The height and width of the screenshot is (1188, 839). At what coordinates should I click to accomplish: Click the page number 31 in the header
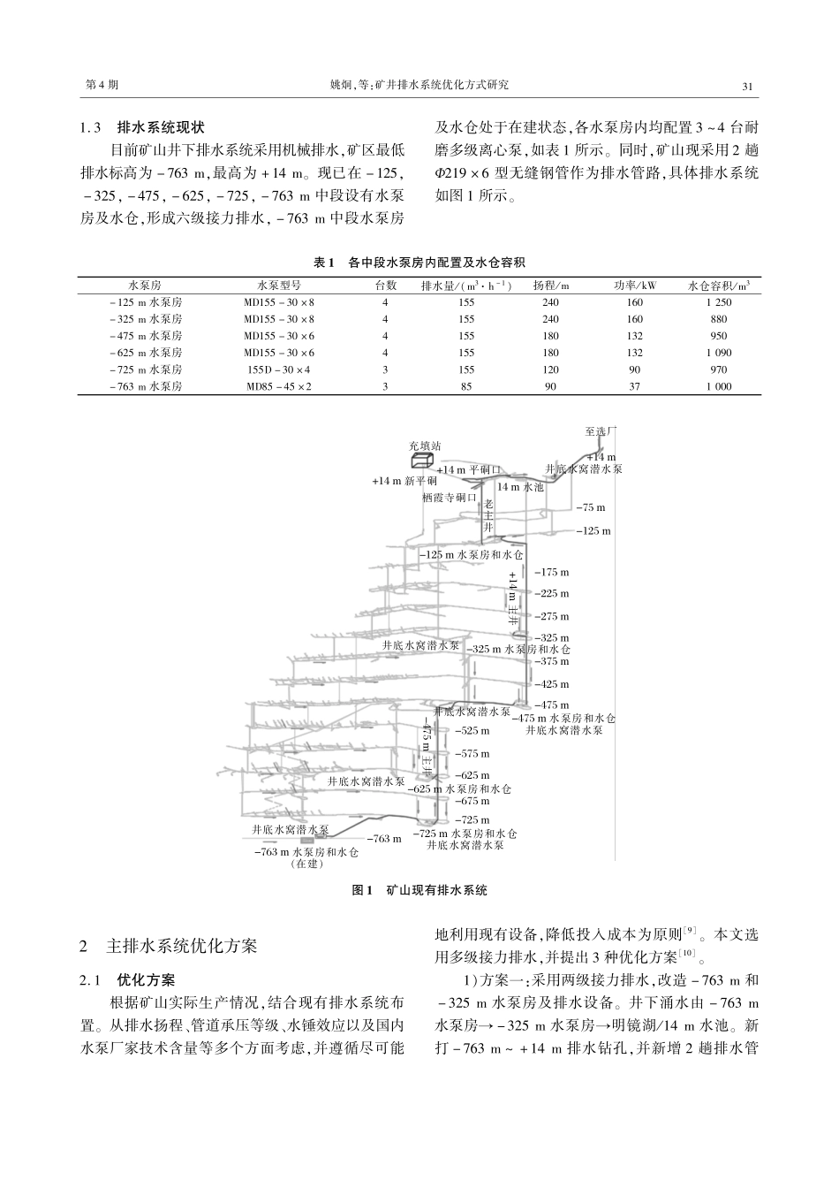tap(746, 86)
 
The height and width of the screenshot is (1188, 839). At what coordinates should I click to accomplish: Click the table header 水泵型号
tap(279, 286)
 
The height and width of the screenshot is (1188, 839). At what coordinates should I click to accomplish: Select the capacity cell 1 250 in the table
tap(719, 302)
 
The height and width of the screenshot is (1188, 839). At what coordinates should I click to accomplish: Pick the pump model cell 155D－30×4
tap(279, 369)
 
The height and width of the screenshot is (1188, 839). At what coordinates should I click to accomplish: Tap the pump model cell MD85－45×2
tap(279, 386)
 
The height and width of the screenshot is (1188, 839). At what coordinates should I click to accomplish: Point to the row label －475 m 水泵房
tap(145, 336)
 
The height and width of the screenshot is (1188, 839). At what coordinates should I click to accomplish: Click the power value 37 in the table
tap(634, 386)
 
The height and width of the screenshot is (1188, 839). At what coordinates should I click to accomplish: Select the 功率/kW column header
tap(634, 286)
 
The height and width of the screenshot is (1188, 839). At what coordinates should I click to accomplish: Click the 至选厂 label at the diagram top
tap(601, 430)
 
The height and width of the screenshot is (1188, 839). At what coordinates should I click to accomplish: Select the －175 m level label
tap(553, 573)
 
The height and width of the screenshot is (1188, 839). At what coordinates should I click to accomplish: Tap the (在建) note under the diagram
tap(306, 864)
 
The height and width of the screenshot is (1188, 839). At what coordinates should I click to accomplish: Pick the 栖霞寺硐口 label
tap(450, 498)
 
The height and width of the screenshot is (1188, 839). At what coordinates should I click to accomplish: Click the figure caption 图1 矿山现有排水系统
tap(419, 890)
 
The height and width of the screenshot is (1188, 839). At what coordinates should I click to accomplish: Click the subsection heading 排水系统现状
tap(160, 127)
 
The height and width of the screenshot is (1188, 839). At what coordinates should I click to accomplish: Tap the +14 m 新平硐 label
tap(404, 482)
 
